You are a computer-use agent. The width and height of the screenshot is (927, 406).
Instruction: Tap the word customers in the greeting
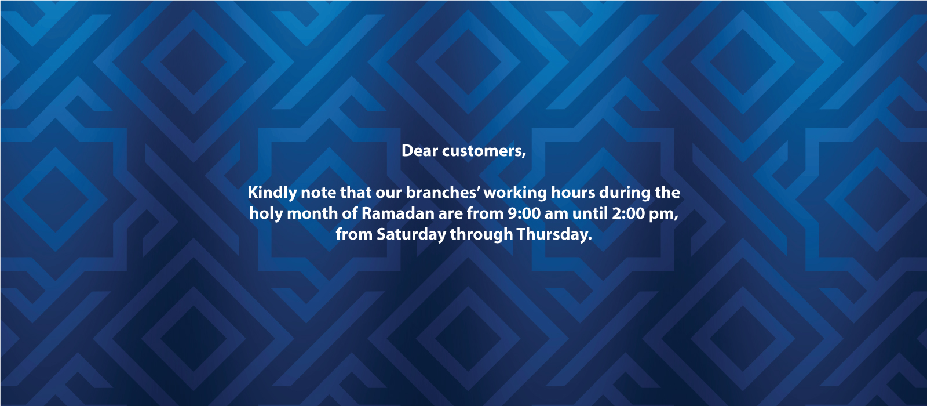(x=484, y=151)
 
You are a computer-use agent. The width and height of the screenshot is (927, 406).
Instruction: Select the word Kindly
(x=272, y=193)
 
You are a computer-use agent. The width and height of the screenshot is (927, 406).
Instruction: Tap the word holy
(x=266, y=214)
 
